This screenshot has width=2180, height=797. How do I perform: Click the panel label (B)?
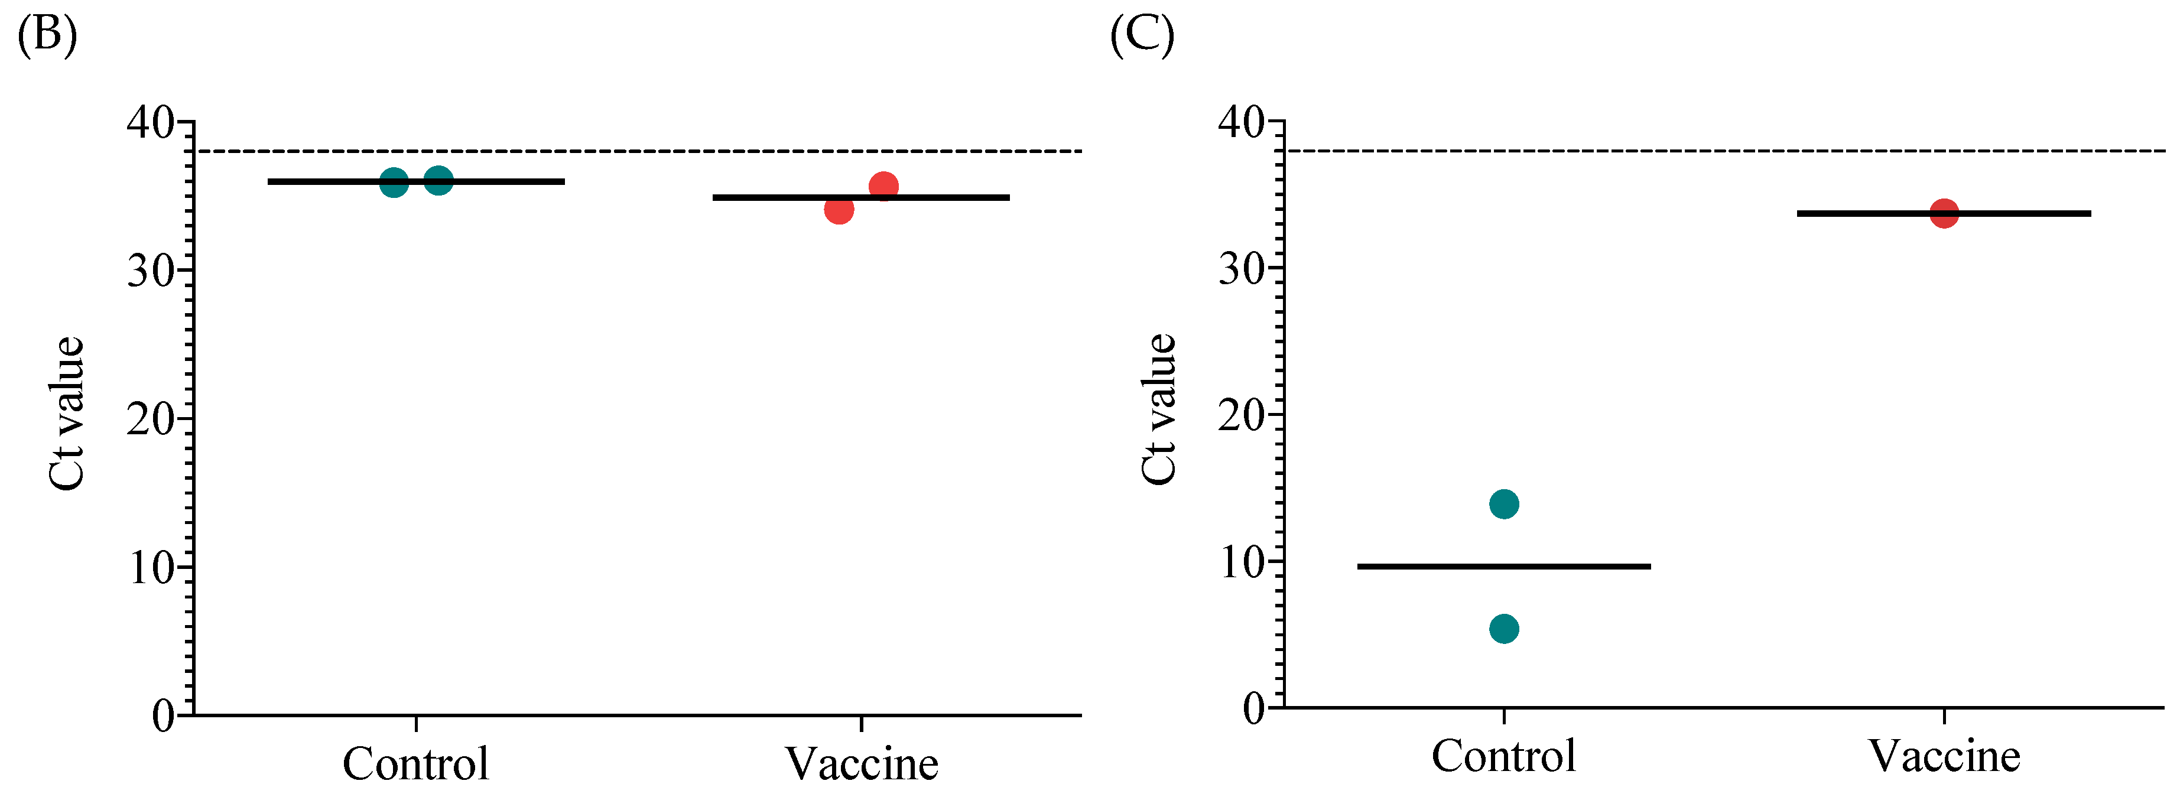tap(47, 35)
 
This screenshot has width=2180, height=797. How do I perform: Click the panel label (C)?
tap(1142, 35)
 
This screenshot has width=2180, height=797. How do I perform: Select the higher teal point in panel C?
tap(1504, 505)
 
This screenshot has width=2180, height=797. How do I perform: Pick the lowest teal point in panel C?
tap(1504, 629)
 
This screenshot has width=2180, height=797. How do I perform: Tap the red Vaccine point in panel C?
tap(1944, 213)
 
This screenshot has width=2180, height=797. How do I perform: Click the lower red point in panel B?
tap(839, 209)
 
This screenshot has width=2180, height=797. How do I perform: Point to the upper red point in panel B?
tap(883, 186)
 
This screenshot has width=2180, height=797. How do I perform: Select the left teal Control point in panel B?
tap(394, 182)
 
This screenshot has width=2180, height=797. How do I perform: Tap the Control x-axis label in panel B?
tap(415, 763)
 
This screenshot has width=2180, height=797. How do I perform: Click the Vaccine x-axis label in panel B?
tap(862, 763)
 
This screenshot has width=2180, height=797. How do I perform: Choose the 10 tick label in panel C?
tap(1242, 562)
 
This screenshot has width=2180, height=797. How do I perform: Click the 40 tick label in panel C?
tap(1242, 123)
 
